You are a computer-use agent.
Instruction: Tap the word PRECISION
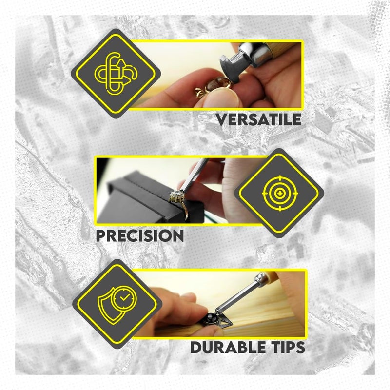click(x=139, y=235)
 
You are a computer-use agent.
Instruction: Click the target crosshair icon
click(x=279, y=194)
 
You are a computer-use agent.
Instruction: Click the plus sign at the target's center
click(x=279, y=194)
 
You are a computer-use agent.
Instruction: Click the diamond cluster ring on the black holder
click(x=176, y=198)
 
